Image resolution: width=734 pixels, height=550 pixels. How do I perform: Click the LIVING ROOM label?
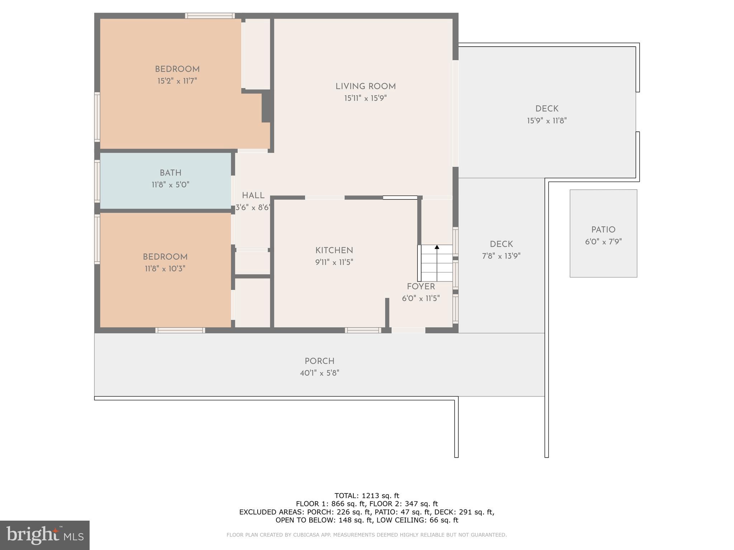point(365,87)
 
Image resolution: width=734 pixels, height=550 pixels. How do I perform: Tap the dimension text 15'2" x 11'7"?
point(177,81)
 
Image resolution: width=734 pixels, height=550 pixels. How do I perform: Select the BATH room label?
point(170,173)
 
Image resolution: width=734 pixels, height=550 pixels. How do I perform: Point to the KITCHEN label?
point(334,251)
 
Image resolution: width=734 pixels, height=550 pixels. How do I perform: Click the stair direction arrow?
point(437,247)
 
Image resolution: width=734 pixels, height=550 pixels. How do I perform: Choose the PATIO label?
point(603,230)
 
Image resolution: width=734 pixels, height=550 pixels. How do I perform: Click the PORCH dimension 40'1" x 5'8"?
point(319,373)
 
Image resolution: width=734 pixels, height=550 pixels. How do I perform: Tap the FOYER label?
point(421,287)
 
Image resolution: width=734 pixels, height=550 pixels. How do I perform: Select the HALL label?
point(253,196)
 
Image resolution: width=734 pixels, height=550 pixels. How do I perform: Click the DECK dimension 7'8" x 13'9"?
point(501,256)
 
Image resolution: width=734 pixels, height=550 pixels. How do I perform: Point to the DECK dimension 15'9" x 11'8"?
point(547,121)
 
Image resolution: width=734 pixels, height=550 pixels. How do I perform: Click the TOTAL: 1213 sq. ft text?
point(367,496)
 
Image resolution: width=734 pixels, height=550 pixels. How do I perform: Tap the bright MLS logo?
point(45,535)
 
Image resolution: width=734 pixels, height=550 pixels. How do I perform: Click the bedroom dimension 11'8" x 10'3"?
point(165,269)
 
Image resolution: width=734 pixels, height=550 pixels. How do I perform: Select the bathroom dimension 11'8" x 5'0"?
point(170,185)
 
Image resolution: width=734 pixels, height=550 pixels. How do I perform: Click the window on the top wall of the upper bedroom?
point(210,16)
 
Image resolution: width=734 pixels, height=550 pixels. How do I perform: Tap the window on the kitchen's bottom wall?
point(363,330)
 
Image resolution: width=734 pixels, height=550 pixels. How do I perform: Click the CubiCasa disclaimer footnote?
point(367,535)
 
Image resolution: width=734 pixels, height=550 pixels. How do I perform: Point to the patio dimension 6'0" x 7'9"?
point(603,242)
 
